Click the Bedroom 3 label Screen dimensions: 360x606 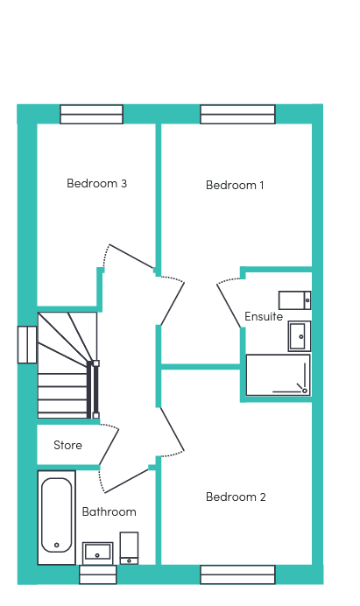[x=96, y=183]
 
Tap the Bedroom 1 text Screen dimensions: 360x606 [x=235, y=185]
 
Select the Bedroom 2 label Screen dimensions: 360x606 [x=236, y=497]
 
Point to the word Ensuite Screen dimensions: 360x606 [x=264, y=316]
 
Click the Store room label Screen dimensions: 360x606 [x=67, y=445]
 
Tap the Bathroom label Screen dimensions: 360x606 [x=109, y=512]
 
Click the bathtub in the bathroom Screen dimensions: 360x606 [x=56, y=517]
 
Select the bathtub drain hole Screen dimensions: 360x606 [x=57, y=545]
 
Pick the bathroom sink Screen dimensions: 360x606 [x=98, y=553]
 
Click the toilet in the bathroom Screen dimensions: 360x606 [x=129, y=548]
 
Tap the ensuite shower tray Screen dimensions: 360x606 [x=278, y=376]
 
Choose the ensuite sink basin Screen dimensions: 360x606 [x=300, y=336]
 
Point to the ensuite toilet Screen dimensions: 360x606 [x=294, y=300]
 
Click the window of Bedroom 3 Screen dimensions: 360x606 [x=92, y=115]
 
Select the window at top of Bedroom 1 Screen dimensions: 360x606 [x=237, y=115]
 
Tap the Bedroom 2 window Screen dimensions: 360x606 [x=237, y=574]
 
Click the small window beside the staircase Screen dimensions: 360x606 [x=27, y=345]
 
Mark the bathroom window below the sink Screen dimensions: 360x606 [x=98, y=574]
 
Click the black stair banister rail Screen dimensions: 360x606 [x=93, y=390]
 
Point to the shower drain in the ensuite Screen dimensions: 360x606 [x=305, y=391]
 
